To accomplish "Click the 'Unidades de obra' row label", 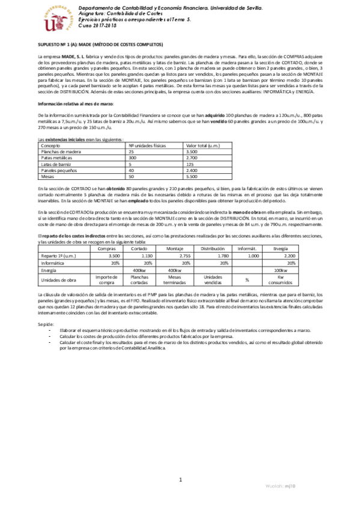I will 58,280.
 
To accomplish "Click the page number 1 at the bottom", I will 180,479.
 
